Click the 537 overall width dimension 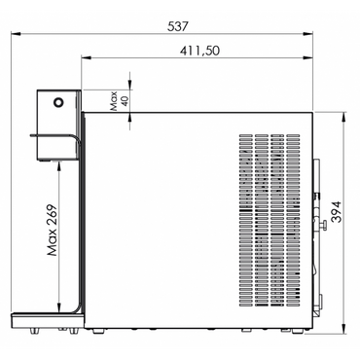tap(177, 26)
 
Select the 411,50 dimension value tap(199, 51)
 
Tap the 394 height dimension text tap(337, 212)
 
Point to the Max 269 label tap(52, 230)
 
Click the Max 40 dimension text tap(119, 101)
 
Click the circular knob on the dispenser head tap(58, 102)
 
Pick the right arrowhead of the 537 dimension tap(307, 33)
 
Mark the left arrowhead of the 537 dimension tap(16, 33)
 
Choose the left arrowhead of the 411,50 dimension tap(87, 57)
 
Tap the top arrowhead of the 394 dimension tap(344, 117)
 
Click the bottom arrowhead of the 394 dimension tap(344, 328)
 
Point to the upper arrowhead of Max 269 tap(58, 165)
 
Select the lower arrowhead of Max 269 tap(58, 307)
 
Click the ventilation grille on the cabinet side tap(270, 220)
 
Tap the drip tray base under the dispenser tap(48, 320)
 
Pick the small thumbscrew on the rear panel tap(322, 226)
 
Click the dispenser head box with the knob tap(58, 125)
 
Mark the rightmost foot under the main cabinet tap(296, 331)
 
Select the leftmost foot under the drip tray tap(34, 330)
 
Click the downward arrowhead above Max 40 tap(130, 85)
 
